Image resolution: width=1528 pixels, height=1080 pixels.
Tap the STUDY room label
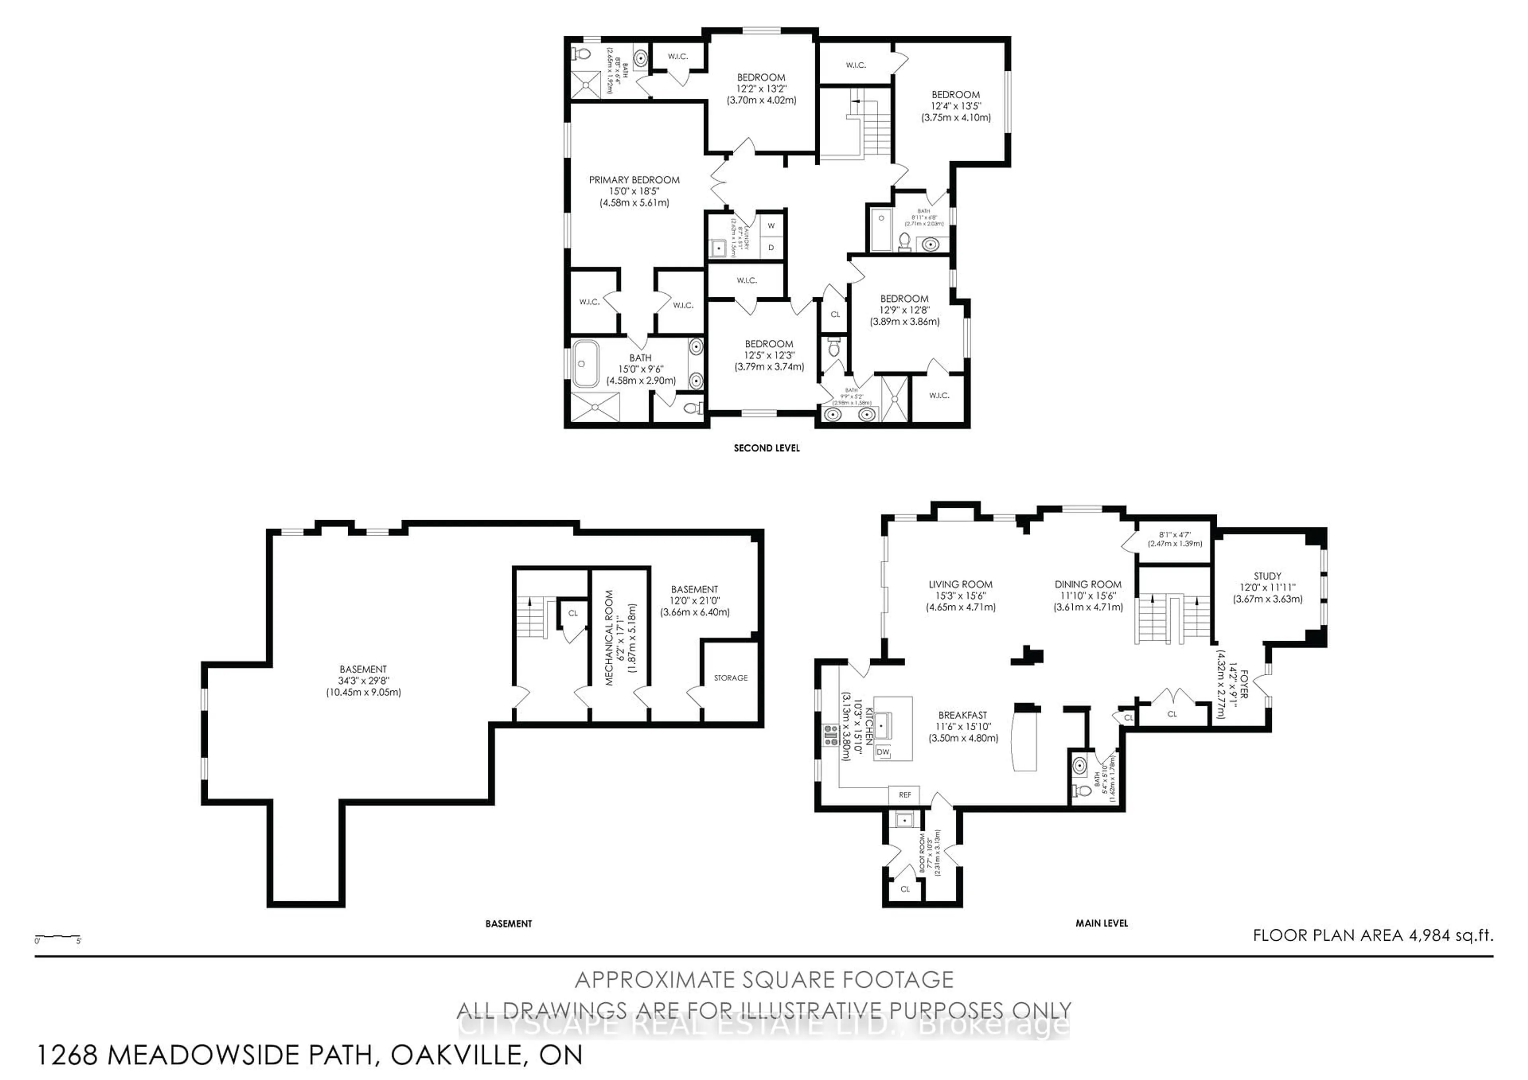1267,575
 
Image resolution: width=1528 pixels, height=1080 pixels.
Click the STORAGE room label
730,677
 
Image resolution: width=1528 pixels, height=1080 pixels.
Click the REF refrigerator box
904,795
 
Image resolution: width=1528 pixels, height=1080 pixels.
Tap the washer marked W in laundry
771,226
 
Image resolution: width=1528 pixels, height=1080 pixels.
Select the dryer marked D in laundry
771,248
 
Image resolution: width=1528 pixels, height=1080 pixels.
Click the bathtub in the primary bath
586,364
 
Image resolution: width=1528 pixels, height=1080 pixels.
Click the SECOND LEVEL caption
767,448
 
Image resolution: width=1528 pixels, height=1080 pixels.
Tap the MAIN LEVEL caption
1101,923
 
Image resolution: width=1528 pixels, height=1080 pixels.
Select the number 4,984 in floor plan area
1429,935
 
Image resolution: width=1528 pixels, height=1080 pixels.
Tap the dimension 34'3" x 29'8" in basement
363,681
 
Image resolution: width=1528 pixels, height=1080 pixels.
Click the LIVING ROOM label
960,584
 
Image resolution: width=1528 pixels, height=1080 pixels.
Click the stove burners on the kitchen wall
830,735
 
